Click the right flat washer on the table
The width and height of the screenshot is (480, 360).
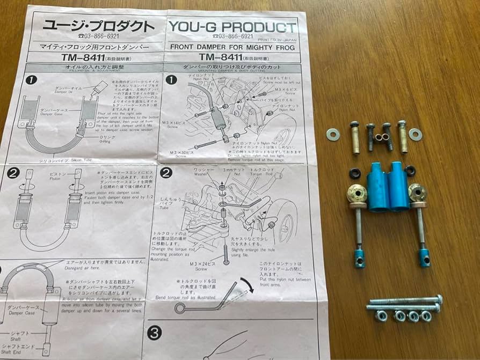[x=415, y=134]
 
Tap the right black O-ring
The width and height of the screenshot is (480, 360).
[x=410, y=171]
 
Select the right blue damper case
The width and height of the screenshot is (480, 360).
[x=400, y=186]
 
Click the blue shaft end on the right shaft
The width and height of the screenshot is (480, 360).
[x=424, y=258]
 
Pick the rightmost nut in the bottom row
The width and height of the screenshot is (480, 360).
[x=426, y=315]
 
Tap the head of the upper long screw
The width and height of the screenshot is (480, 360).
[x=439, y=298]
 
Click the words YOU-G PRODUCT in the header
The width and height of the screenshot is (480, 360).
[x=232, y=27]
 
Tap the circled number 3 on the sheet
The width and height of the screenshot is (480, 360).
[x=155, y=333]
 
